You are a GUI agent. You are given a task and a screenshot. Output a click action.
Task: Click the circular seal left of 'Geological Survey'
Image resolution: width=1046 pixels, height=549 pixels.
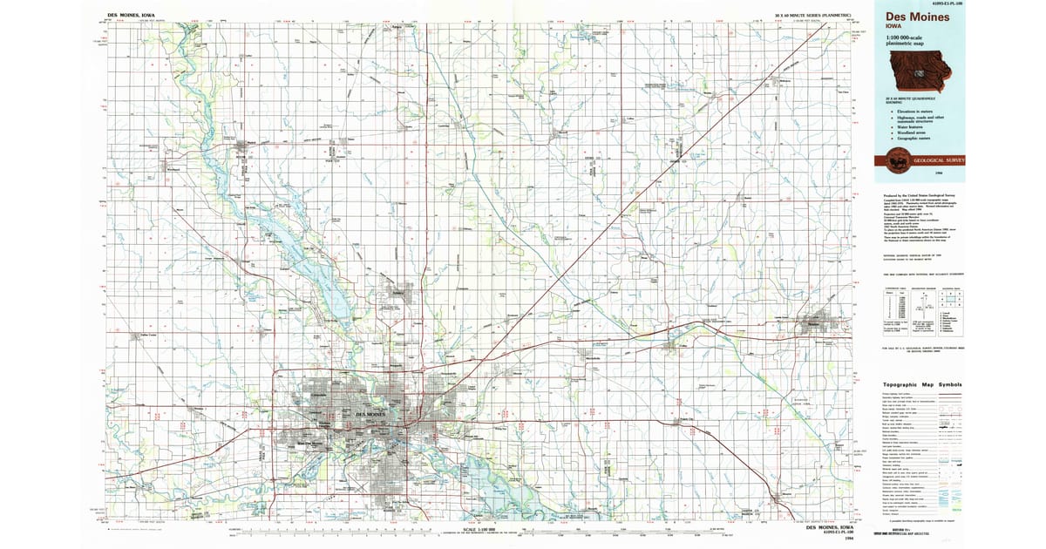pos(894,161)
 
